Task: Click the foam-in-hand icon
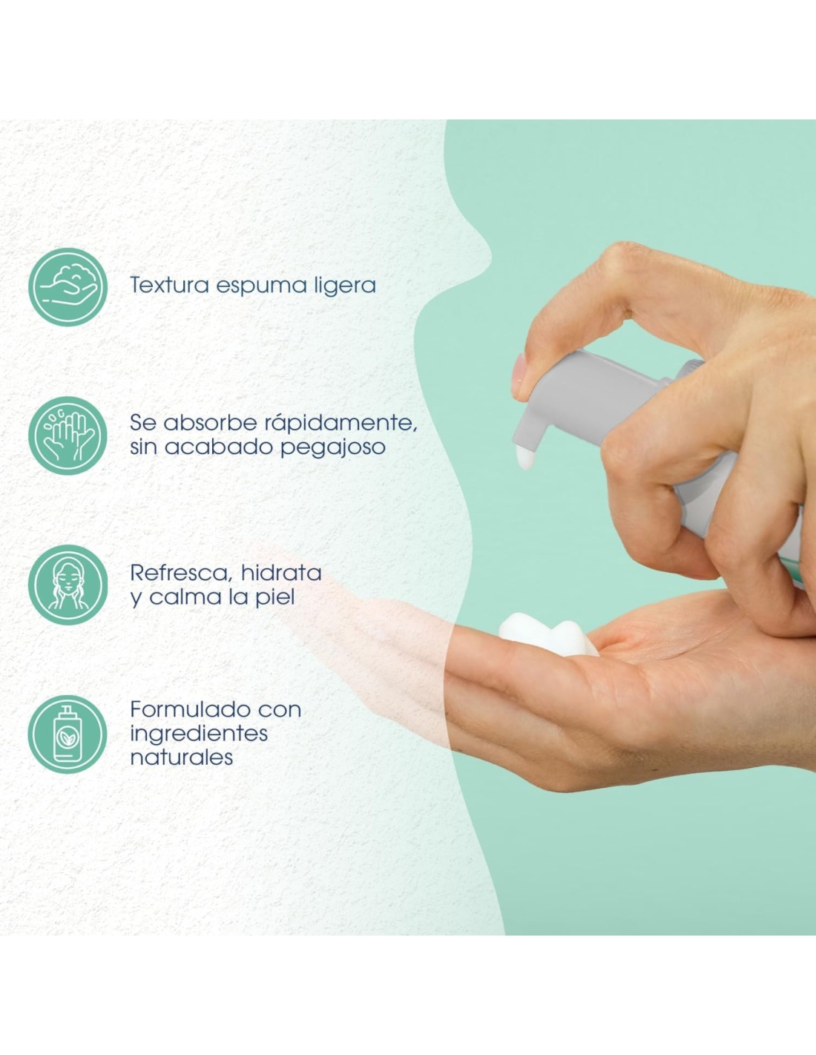(68, 287)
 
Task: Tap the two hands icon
(68, 436)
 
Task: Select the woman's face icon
(68, 585)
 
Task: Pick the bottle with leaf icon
(68, 734)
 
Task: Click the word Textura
(169, 285)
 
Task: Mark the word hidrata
(282, 573)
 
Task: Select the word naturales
(182, 758)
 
